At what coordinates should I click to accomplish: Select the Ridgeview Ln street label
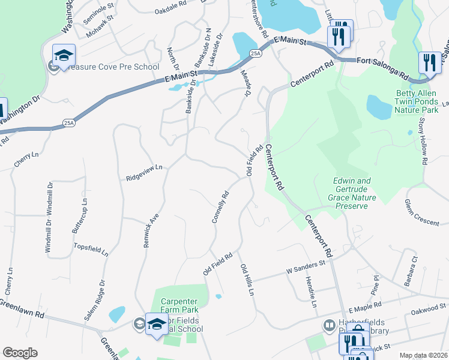pos(144,174)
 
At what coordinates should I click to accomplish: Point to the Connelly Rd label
pos(221,207)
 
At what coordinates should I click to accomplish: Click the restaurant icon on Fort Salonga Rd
pos(429,62)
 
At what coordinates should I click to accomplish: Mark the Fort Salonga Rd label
pos(382,69)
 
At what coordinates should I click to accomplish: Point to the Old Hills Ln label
pos(247,279)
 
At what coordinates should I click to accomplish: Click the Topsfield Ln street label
pos(91,250)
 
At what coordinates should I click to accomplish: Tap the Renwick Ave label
pos(152,231)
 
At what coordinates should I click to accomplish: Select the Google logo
pos(20,353)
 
